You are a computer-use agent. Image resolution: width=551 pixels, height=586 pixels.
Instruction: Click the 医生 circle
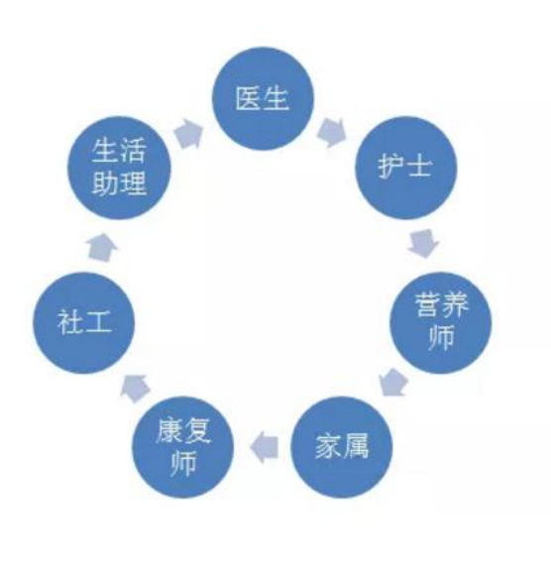click(263, 99)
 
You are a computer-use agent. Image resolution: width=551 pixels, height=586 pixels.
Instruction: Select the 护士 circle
click(405, 168)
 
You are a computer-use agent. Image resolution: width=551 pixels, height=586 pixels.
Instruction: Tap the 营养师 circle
click(441, 322)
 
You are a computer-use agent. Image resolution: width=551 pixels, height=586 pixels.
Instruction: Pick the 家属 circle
click(342, 446)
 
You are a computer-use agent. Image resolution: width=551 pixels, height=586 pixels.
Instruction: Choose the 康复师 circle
click(182, 446)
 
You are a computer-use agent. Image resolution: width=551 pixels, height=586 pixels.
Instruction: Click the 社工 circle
click(83, 322)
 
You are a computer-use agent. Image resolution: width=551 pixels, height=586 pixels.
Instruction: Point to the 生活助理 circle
click(119, 168)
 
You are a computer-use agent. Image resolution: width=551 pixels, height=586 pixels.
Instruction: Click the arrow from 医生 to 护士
click(331, 133)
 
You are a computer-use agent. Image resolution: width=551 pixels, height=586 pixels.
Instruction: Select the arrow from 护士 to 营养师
click(423, 243)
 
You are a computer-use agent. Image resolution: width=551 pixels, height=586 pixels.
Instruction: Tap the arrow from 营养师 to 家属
click(393, 382)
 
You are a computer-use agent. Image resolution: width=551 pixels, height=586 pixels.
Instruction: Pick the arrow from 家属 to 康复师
click(265, 447)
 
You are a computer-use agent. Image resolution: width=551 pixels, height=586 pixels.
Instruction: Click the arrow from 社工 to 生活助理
click(102, 247)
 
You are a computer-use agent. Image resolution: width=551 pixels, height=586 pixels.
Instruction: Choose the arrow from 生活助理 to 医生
click(189, 134)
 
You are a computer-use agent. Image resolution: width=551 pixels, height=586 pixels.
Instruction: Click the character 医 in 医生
click(249, 98)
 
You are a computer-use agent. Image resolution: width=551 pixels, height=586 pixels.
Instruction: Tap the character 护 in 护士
click(391, 166)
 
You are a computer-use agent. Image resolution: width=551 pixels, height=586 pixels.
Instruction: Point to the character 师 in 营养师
click(441, 337)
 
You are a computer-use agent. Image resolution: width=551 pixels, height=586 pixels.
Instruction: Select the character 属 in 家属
click(356, 446)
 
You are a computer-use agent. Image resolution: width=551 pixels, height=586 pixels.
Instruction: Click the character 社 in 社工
click(69, 322)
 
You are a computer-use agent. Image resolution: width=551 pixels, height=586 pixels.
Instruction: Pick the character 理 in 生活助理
click(133, 182)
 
